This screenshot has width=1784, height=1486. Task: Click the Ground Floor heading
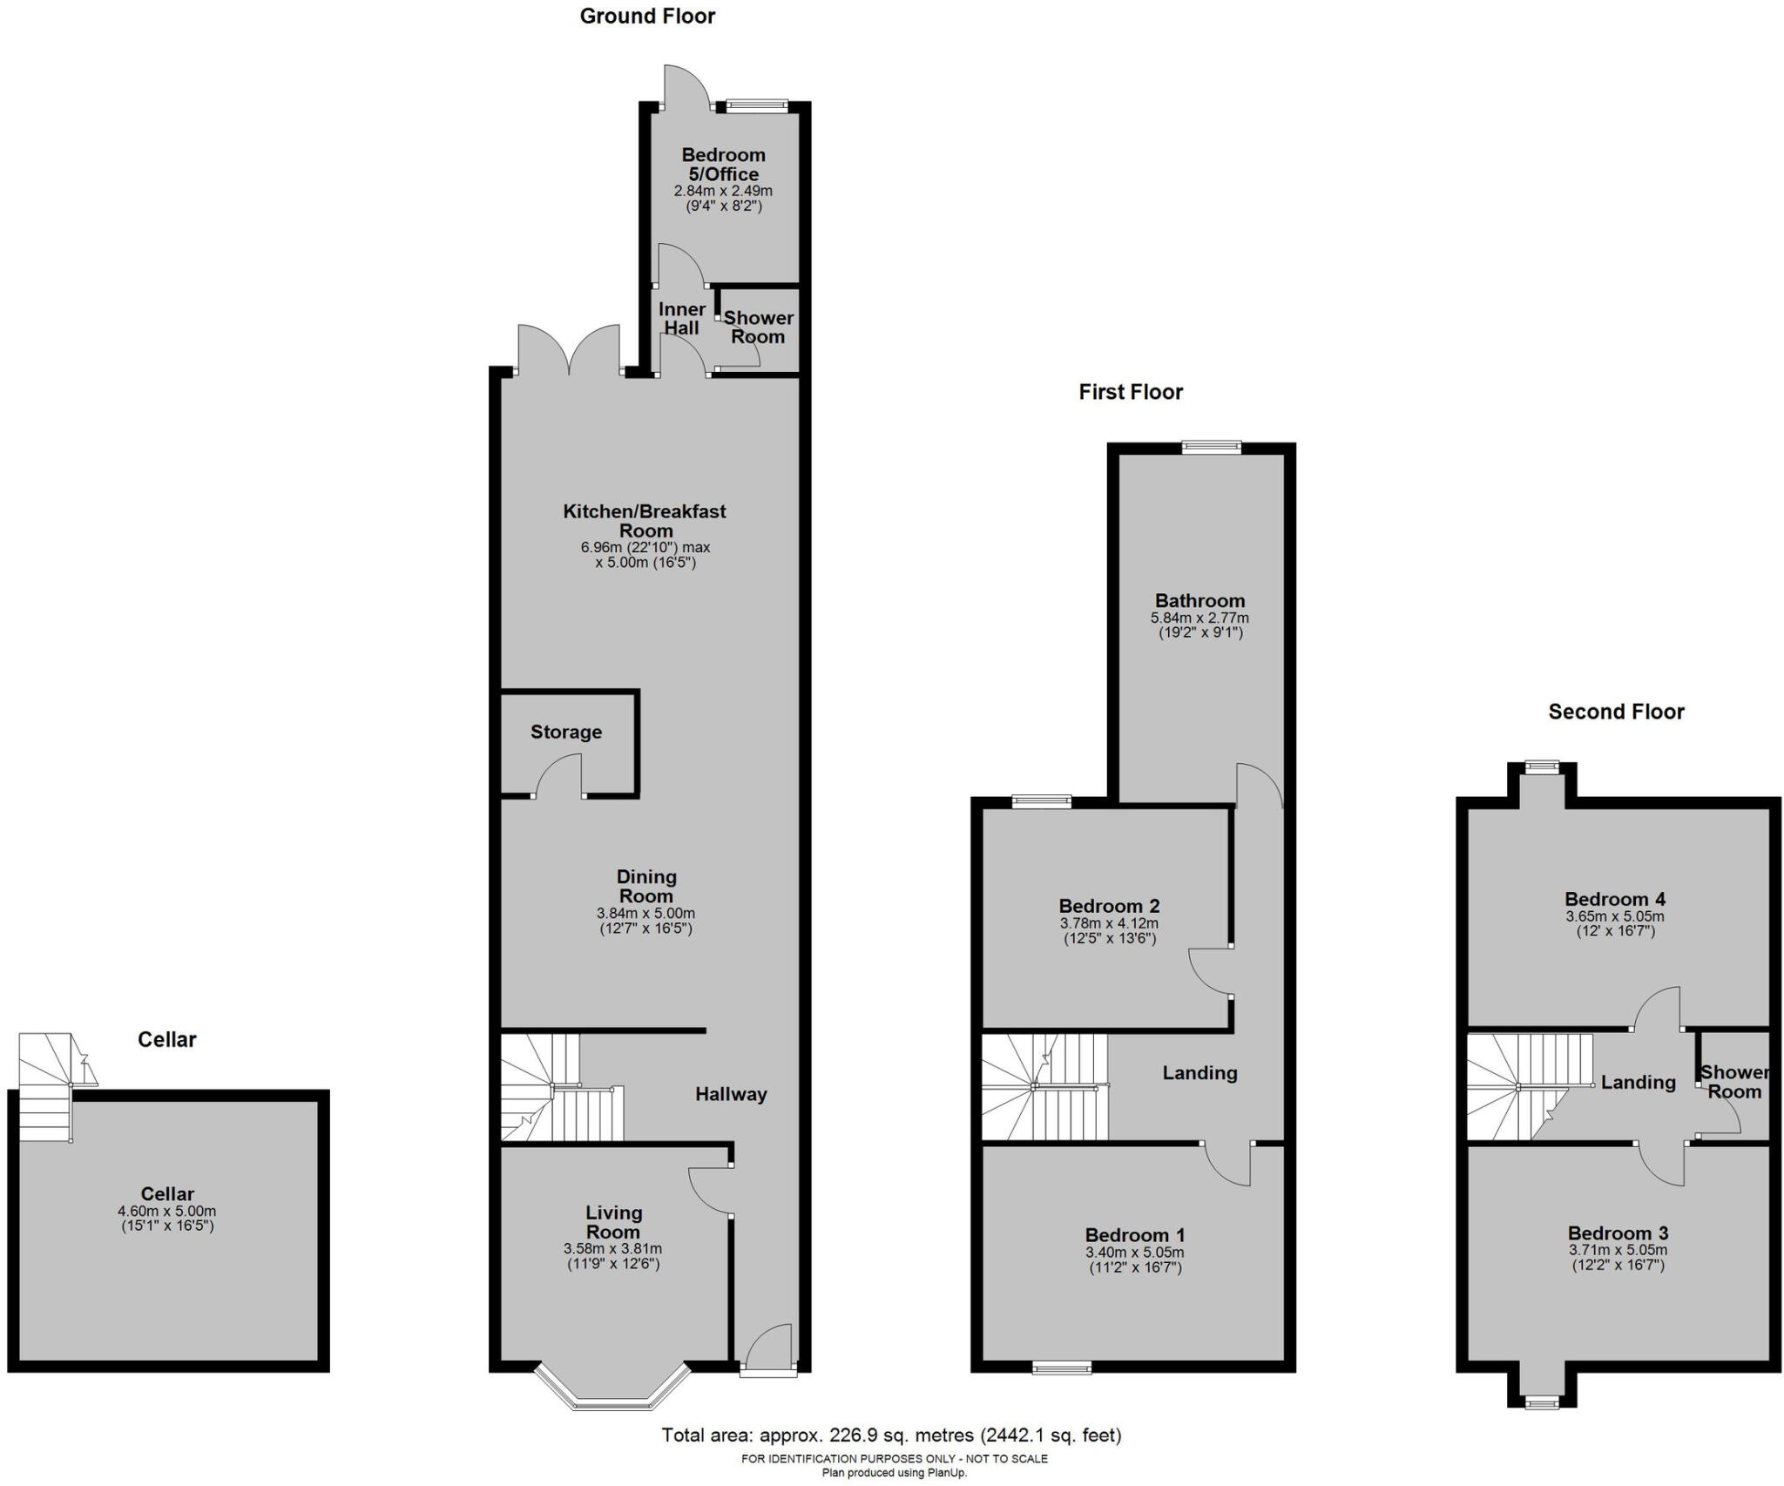point(647,17)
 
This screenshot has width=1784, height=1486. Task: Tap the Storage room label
point(566,732)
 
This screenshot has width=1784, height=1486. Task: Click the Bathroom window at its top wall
point(1212,447)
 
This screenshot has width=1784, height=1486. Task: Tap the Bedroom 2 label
point(1109,906)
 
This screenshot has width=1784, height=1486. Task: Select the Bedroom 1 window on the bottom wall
point(1061,1369)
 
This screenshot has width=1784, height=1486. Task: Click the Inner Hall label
point(681,319)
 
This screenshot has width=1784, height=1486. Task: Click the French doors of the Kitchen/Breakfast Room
point(569,353)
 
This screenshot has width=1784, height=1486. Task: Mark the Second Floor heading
point(1616,712)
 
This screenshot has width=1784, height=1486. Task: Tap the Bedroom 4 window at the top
point(1543,767)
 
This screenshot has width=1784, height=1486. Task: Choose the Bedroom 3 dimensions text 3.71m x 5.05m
point(1618,1250)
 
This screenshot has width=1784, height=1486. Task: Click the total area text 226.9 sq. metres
point(891,1435)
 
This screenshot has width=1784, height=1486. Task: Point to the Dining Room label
point(646,886)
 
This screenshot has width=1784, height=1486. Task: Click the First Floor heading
point(1131,392)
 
